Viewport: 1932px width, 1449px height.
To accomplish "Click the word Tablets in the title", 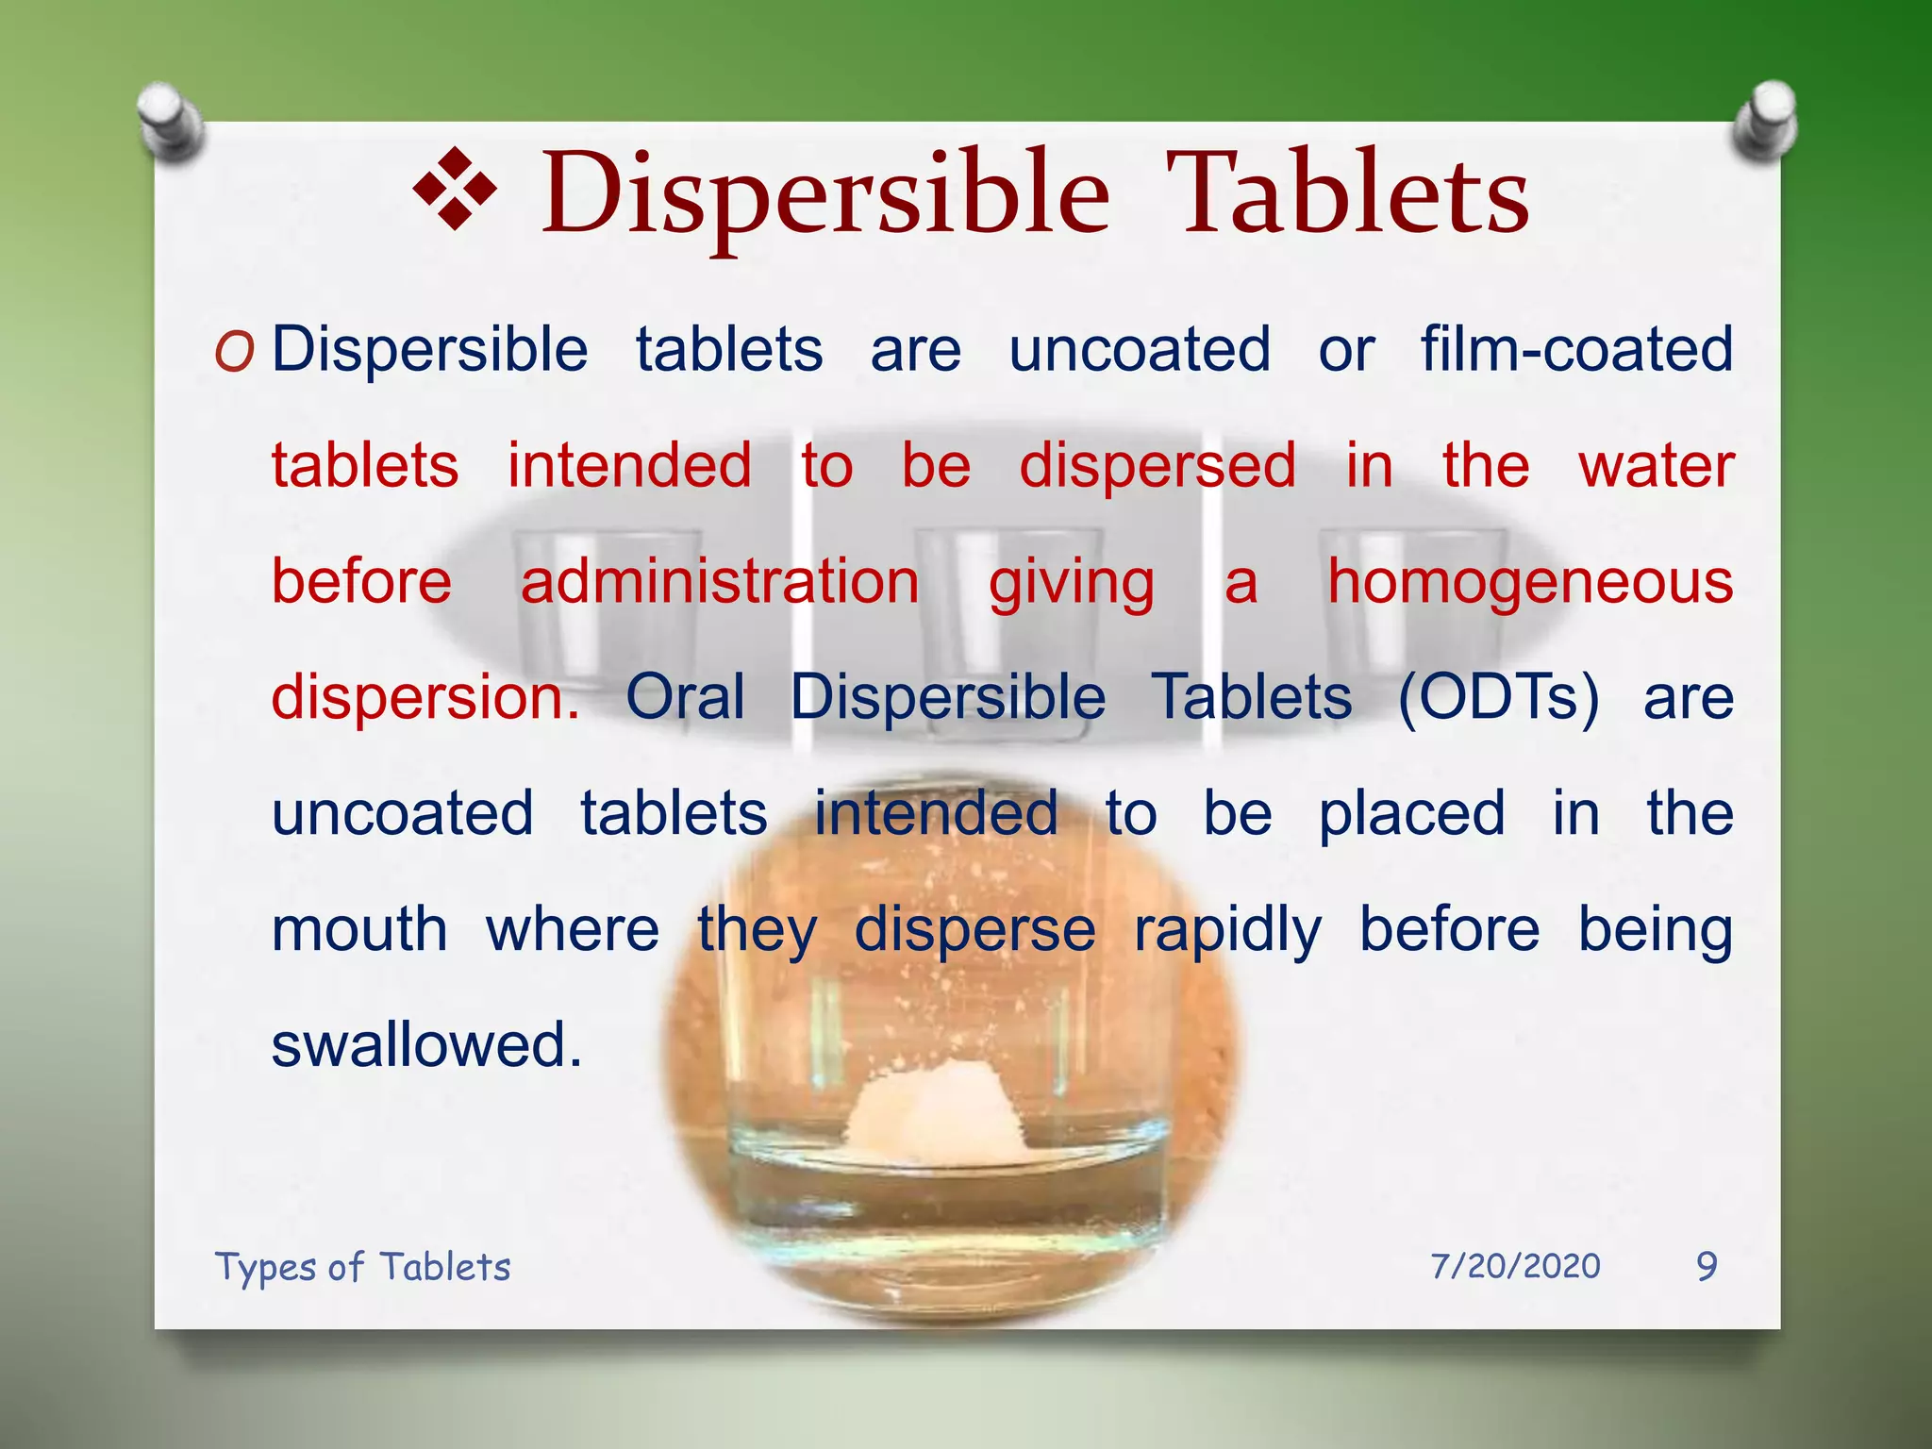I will (1347, 195).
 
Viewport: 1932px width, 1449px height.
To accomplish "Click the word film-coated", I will (1576, 349).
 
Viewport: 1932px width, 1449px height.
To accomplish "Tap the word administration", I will (720, 581).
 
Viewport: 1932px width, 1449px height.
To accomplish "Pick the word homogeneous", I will (1530, 581).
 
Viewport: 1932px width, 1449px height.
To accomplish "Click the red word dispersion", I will (425, 697).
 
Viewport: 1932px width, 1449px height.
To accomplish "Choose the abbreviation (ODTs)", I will (1498, 697).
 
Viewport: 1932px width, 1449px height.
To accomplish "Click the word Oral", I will (685, 697).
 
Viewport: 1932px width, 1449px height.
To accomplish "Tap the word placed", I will (1411, 813).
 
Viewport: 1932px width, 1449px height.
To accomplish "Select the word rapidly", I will (1227, 930).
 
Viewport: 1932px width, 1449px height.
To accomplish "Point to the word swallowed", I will (426, 1045).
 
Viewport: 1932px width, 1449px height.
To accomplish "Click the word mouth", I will (359, 930).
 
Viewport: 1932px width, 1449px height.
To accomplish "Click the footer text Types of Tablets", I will (362, 1266).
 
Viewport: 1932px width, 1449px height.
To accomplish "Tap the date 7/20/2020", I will (1515, 1266).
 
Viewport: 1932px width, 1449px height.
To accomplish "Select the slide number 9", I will (1707, 1266).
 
